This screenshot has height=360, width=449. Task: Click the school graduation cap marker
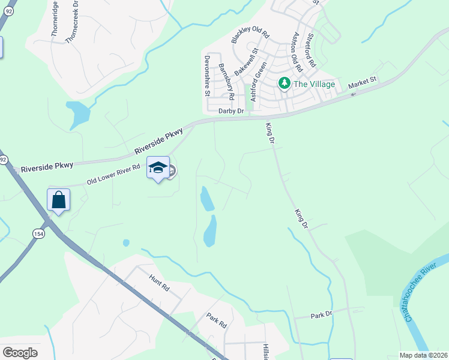[x=158, y=169]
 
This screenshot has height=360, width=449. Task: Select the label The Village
[x=313, y=84]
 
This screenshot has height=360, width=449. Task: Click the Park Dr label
[x=321, y=315]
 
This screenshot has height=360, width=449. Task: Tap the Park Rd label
[x=216, y=320]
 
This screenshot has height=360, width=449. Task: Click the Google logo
[x=20, y=352]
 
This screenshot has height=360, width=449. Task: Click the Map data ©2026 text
[x=423, y=355]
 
